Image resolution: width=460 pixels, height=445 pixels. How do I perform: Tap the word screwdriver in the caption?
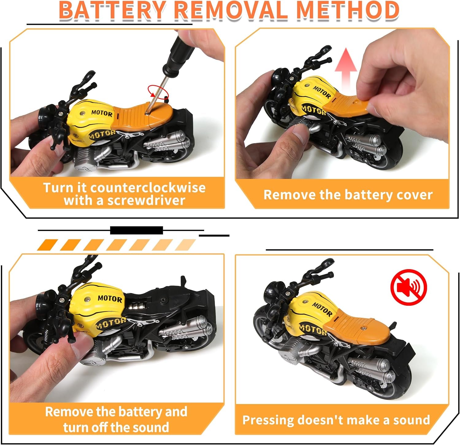[146, 201]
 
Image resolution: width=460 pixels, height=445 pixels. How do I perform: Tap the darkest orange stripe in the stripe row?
[47, 245]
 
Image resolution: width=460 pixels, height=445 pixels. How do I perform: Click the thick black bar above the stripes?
[136, 230]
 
